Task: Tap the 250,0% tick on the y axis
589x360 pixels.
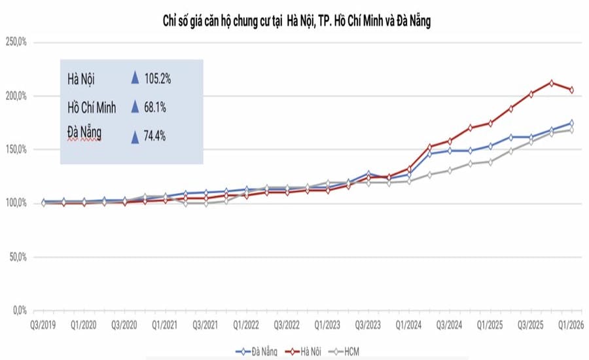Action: pyautogui.click(x=16, y=42)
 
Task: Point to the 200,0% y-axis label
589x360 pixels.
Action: pyautogui.click(x=16, y=96)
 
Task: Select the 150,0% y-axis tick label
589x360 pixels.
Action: pyautogui.click(x=16, y=149)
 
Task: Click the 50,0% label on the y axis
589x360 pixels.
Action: pyautogui.click(x=18, y=257)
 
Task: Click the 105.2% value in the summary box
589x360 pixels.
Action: pyautogui.click(x=158, y=79)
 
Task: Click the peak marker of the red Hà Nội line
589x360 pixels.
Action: pyautogui.click(x=551, y=83)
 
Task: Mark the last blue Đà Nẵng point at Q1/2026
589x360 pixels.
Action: pyautogui.click(x=571, y=123)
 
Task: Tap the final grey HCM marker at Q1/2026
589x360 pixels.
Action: pyautogui.click(x=571, y=130)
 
